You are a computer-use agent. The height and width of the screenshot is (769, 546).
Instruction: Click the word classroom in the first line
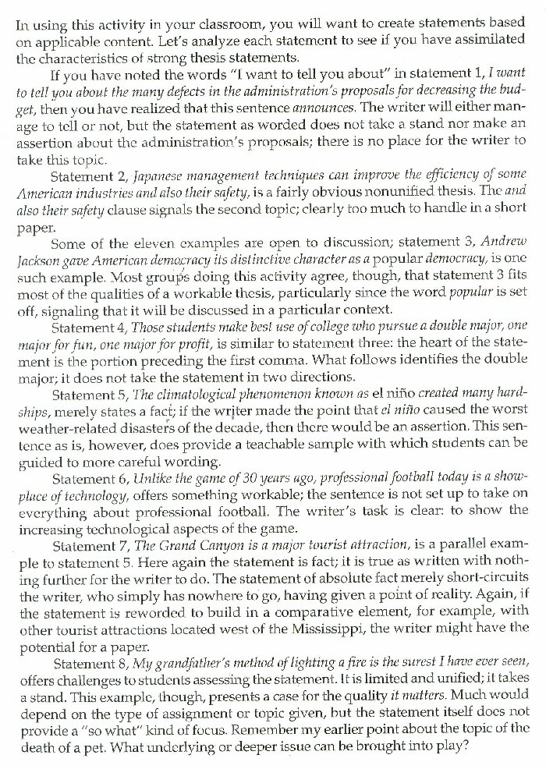[201, 23]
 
